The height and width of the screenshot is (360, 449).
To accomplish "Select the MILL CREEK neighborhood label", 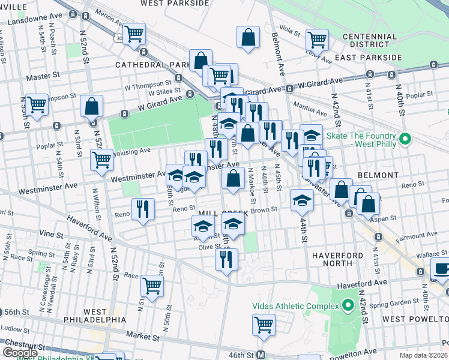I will (222, 213).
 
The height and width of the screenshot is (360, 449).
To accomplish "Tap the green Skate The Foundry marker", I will (405, 139).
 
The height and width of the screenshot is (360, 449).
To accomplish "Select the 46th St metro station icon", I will (261, 355).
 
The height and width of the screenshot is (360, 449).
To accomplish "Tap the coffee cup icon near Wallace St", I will (442, 271).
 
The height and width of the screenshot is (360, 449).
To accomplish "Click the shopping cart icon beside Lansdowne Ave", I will (134, 34).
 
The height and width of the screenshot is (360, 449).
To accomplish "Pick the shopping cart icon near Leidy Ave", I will (316, 40).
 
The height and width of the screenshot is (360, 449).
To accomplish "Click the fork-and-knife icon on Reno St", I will (142, 209).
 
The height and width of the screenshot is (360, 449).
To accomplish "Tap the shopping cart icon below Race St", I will (152, 285).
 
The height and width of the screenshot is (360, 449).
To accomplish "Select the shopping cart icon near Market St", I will (264, 325).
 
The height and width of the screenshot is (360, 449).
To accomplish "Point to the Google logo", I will (20, 353).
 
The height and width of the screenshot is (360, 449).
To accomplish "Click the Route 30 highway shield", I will (120, 38).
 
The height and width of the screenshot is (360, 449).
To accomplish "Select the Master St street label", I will (44, 77).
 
